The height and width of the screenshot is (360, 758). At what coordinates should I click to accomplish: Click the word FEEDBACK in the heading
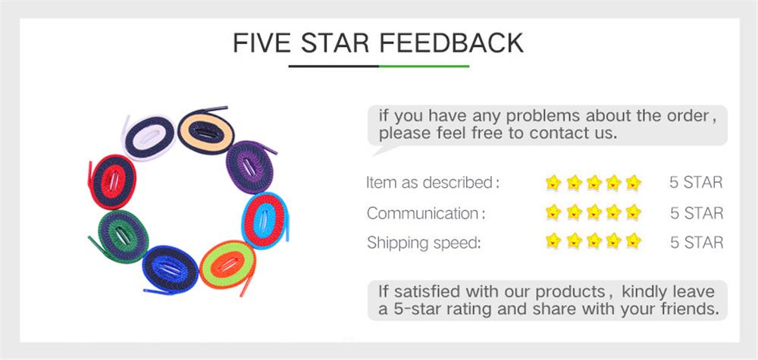(x=451, y=42)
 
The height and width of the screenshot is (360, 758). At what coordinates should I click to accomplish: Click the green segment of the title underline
(x=424, y=67)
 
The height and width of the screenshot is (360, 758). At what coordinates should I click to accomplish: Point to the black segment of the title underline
(x=334, y=67)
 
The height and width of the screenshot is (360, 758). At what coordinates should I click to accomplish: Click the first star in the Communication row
(x=553, y=213)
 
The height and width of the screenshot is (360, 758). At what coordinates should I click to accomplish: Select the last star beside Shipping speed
(x=634, y=243)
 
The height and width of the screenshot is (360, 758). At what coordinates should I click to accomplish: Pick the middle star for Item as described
(x=594, y=183)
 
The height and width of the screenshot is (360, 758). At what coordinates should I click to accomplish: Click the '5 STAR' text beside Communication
(x=696, y=213)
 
